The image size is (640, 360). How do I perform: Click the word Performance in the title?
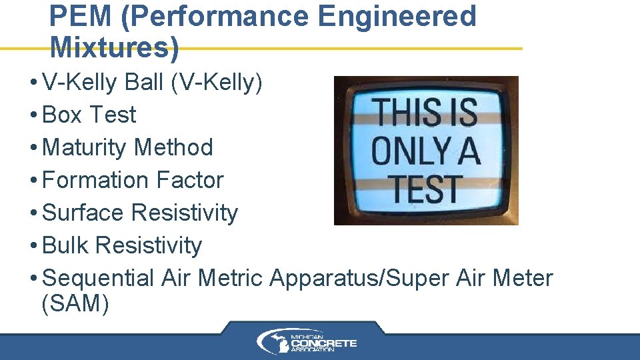[215, 17]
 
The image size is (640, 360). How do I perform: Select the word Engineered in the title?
[397, 17]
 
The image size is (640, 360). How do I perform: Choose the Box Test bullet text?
[89, 115]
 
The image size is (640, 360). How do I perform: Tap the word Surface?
[83, 213]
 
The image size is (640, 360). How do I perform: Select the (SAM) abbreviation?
[75, 304]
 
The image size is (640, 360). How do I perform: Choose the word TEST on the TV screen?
[426, 189]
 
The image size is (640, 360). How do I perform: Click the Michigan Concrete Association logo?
[307, 342]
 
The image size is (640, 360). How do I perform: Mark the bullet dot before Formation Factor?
[33, 181]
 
